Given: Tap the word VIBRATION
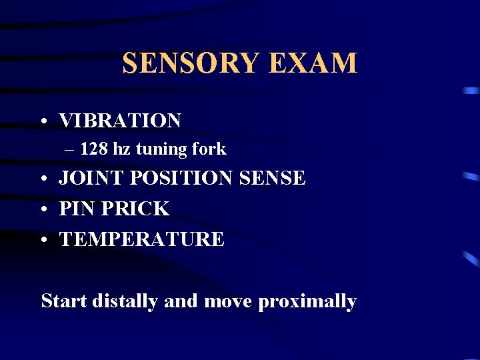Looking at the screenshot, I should pyautogui.click(x=120, y=121).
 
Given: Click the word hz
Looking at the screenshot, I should pyautogui.click(x=123, y=149).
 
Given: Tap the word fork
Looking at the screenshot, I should pyautogui.click(x=211, y=149).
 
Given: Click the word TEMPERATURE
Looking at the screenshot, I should pyautogui.click(x=142, y=239).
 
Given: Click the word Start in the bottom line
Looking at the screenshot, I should pyautogui.click(x=64, y=301).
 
